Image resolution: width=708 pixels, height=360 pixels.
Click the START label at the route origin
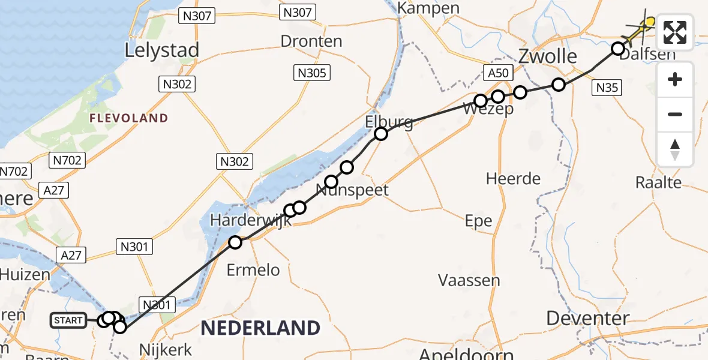[68, 320]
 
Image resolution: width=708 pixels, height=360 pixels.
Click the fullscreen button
[675, 32]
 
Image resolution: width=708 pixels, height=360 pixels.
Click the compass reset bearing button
[675, 149]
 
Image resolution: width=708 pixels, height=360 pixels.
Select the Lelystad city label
[161, 50]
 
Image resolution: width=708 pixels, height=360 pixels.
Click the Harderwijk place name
[250, 220]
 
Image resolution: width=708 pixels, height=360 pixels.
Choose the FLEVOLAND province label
[128, 118]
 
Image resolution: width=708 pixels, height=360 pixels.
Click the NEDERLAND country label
[260, 328]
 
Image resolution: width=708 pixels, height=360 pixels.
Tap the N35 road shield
[607, 88]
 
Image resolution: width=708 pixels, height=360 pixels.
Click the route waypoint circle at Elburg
[381, 134]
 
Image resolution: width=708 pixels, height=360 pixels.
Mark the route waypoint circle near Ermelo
[235, 242]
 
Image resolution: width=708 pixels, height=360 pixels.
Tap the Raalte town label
[659, 182]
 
